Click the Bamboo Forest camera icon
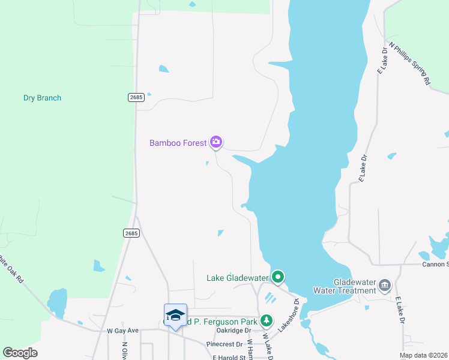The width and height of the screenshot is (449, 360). click(216, 142)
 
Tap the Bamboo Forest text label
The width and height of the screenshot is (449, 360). click(178, 143)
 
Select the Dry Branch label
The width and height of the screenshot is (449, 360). click(42, 98)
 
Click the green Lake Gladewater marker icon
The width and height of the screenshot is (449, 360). click(277, 277)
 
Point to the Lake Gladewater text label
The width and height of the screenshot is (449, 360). click(237, 278)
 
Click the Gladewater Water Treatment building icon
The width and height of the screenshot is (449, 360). click(385, 284)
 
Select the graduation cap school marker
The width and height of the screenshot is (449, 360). click(175, 315)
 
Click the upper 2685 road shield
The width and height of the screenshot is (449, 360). click(136, 97)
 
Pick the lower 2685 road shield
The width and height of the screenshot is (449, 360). click(132, 233)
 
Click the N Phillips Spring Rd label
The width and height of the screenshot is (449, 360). click(410, 62)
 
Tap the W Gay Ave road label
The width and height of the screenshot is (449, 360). click(122, 331)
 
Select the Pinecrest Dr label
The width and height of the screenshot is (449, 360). click(224, 344)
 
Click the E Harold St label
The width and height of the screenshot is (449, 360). click(229, 357)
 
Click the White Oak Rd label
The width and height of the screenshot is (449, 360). click(11, 270)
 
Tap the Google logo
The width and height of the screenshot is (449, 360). click(20, 353)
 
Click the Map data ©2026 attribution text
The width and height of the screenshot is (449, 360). click(424, 355)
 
